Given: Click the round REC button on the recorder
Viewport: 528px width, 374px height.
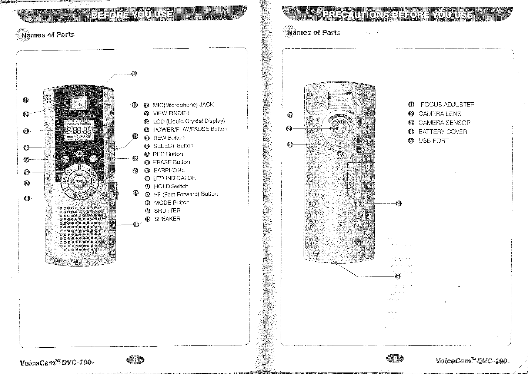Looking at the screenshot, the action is coord(79,181).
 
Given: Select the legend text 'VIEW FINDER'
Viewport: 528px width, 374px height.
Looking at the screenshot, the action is coord(171,113).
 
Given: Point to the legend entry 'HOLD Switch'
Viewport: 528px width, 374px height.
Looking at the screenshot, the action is coord(171,186).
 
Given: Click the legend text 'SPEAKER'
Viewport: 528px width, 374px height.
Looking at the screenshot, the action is coord(167,219).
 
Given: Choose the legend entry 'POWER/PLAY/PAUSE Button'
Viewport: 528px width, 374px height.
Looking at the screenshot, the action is coord(190,129).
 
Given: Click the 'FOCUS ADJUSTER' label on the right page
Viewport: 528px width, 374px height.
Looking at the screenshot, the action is coord(447,105).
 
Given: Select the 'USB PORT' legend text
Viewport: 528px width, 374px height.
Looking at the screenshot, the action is coord(433,141).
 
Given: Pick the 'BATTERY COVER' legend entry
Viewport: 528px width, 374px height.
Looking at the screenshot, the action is coord(442,132).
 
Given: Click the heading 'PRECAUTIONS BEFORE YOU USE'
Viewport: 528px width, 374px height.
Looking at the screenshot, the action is coord(397,15).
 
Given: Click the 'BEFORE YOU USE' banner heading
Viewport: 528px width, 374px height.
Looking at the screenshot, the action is coord(132,15).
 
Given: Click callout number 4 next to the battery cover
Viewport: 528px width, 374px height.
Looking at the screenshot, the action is coord(398,203).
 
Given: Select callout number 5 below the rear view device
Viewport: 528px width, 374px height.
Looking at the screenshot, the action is coord(398,276).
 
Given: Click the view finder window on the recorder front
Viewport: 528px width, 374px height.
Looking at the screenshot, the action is coord(78,103).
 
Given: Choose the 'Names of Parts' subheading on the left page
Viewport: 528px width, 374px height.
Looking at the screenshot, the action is coord(48,35).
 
